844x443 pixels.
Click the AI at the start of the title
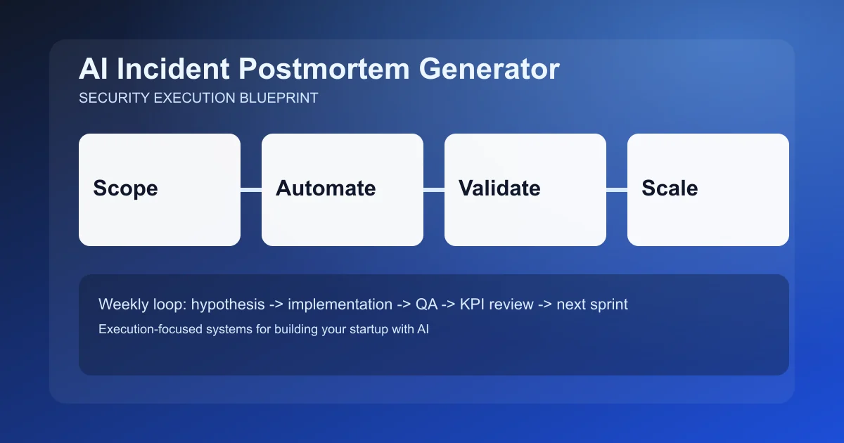coord(93,70)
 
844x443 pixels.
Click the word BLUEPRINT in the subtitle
coord(279,98)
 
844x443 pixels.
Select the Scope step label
coord(125,188)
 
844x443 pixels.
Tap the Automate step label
coord(326,188)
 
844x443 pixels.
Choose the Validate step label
coord(499,188)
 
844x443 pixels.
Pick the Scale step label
coord(670,188)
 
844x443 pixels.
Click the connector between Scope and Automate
coord(251,189)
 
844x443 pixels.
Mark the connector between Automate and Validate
coord(434,189)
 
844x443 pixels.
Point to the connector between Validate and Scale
coord(617,189)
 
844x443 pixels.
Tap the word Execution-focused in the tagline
coord(139,328)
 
